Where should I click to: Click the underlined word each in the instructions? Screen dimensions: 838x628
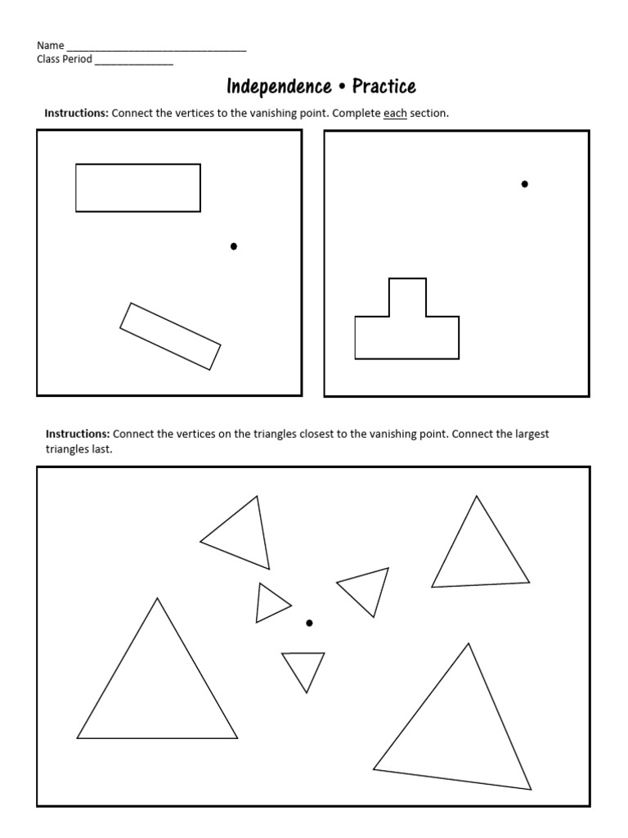(395, 114)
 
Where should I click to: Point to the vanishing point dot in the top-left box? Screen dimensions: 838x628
(234, 246)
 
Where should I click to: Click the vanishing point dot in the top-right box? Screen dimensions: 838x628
(525, 184)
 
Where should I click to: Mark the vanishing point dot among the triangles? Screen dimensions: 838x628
(309, 624)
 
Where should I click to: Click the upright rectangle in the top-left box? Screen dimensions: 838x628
(138, 188)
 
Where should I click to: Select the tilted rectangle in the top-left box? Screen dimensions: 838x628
(170, 336)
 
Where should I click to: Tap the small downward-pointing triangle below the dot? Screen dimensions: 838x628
(304, 666)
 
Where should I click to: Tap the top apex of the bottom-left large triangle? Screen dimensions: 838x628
(157, 599)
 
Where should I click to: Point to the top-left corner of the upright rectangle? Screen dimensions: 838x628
(76, 164)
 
